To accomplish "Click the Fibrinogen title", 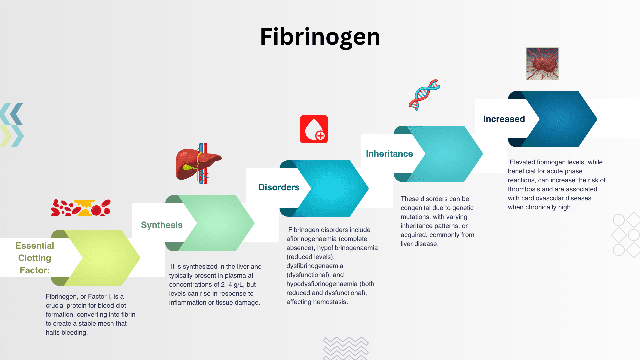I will click(320, 37).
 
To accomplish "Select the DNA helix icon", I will click(424, 95).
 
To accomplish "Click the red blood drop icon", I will click(314, 129).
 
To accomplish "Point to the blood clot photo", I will click(542, 64).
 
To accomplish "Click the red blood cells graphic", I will click(81, 208).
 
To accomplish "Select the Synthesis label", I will click(162, 225).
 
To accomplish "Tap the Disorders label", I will click(279, 187).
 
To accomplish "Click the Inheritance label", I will click(389, 154).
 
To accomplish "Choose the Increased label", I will click(504, 119).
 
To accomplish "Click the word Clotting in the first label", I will click(35, 258).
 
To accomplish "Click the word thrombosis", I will click(524, 189).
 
